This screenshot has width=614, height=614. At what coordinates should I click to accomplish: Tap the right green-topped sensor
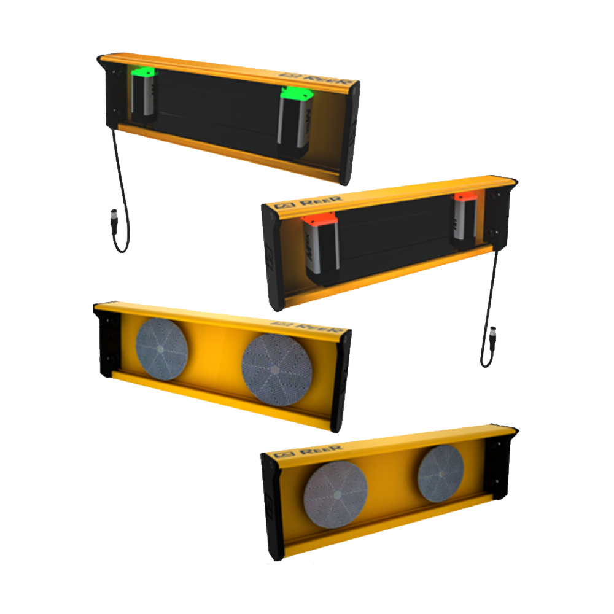[x=295, y=120]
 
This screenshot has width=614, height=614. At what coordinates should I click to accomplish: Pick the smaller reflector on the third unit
[x=161, y=348]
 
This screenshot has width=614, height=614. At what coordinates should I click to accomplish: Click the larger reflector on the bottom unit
[x=335, y=496]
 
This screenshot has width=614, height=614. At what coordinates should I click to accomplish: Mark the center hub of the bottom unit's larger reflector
[x=335, y=496]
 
